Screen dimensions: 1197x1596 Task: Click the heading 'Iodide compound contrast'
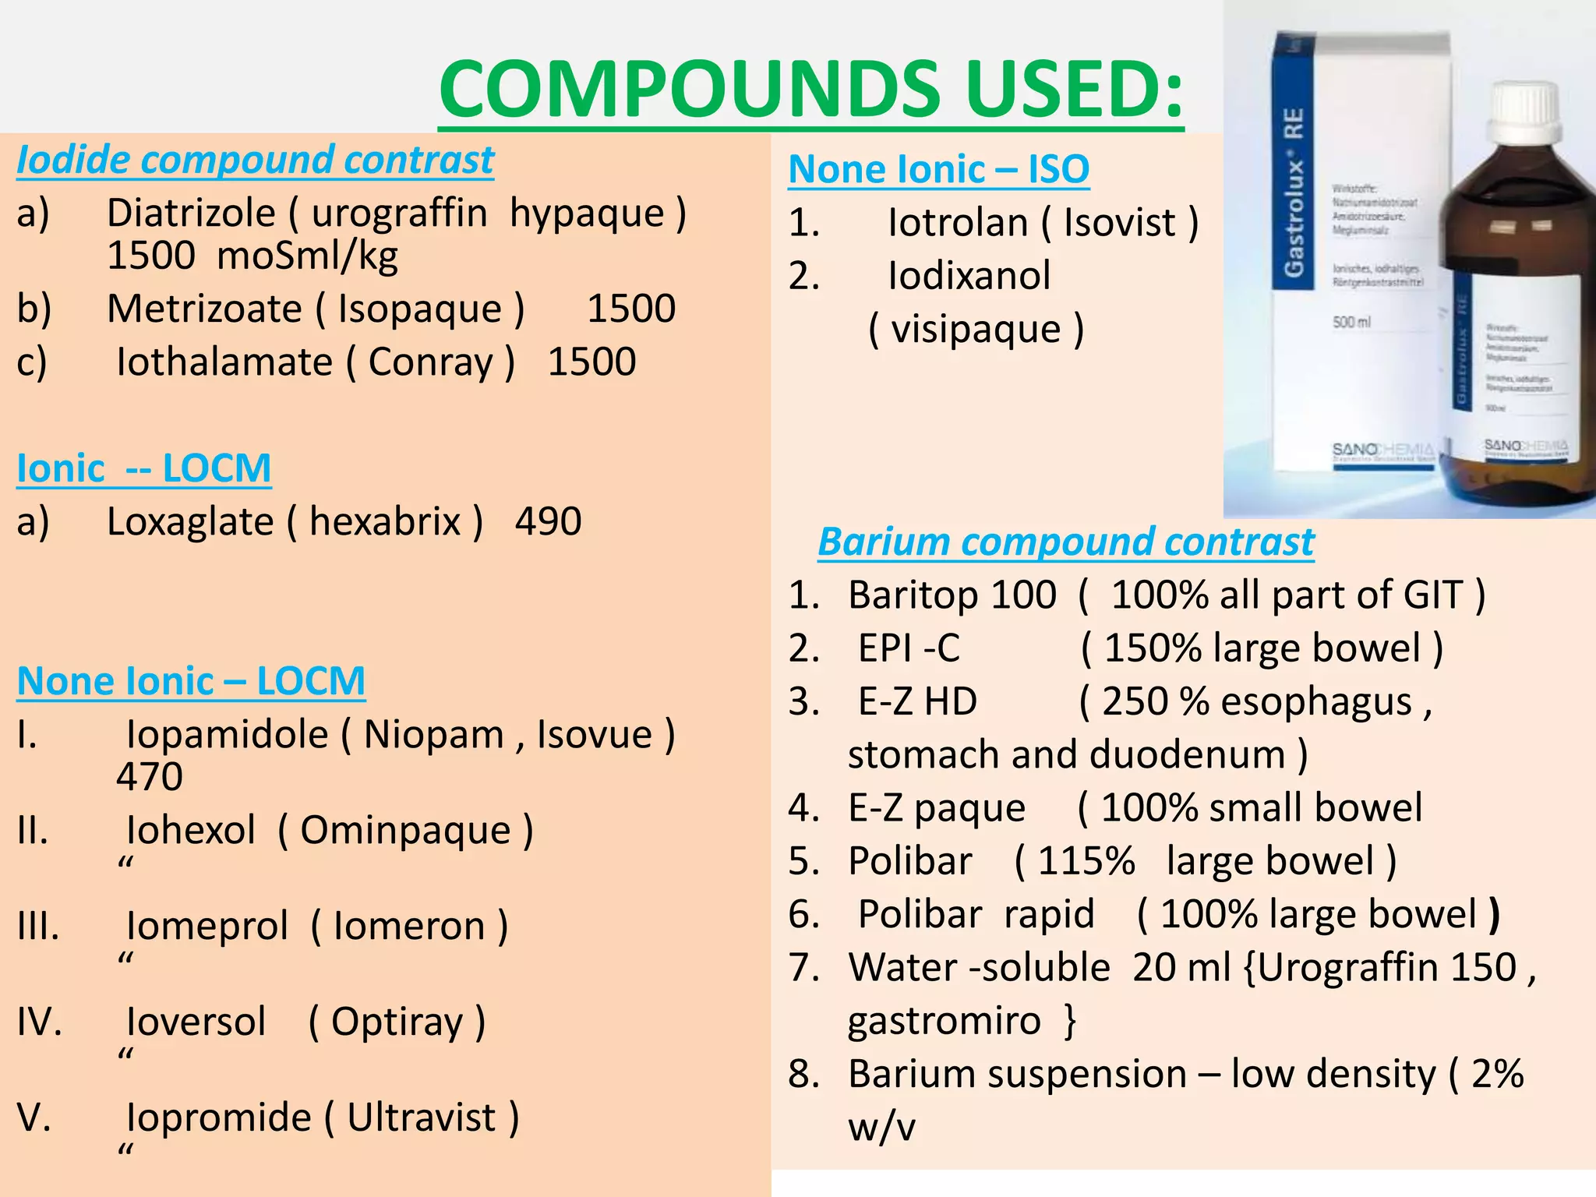(x=255, y=160)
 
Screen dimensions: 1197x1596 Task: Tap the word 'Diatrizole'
(x=191, y=213)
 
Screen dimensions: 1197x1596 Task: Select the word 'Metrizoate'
(x=204, y=309)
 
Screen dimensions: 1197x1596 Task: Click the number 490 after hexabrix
(x=548, y=521)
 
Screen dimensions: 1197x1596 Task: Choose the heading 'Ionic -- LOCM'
(x=144, y=468)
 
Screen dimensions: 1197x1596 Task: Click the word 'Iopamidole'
(x=228, y=734)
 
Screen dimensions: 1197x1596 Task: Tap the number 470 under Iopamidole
(x=150, y=777)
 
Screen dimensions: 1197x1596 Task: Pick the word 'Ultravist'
(x=421, y=1118)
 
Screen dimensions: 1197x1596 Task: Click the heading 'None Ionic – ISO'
(x=938, y=169)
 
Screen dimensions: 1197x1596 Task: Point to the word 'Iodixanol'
(x=969, y=276)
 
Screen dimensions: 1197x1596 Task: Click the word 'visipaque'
(x=976, y=329)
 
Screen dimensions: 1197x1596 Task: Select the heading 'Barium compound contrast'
(x=1065, y=542)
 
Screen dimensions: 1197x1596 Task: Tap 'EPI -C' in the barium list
(x=909, y=648)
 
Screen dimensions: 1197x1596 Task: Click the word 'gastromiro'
(x=944, y=1021)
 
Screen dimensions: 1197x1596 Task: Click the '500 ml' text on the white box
(x=1351, y=322)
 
